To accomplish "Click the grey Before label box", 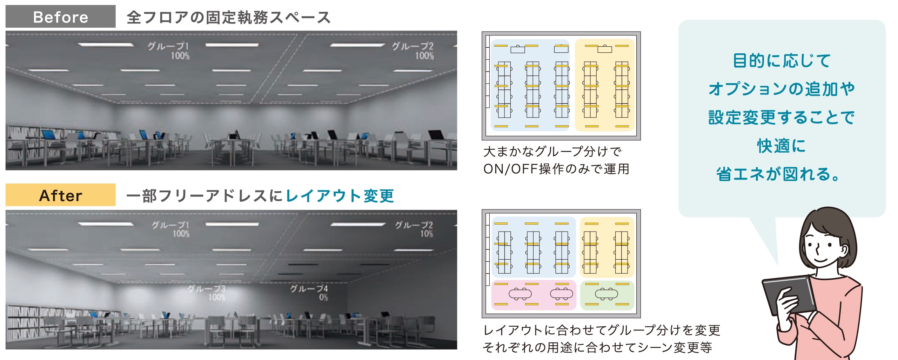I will (x=60, y=16).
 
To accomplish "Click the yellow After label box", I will (x=60, y=195).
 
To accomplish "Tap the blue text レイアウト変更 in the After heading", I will (x=340, y=196).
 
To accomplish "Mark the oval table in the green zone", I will (x=607, y=293).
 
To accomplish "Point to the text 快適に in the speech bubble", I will (x=782, y=146).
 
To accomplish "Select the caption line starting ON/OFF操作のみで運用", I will (x=556, y=169).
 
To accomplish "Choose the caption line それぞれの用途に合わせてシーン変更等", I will (x=597, y=347).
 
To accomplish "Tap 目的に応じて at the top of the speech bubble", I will (x=782, y=61).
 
